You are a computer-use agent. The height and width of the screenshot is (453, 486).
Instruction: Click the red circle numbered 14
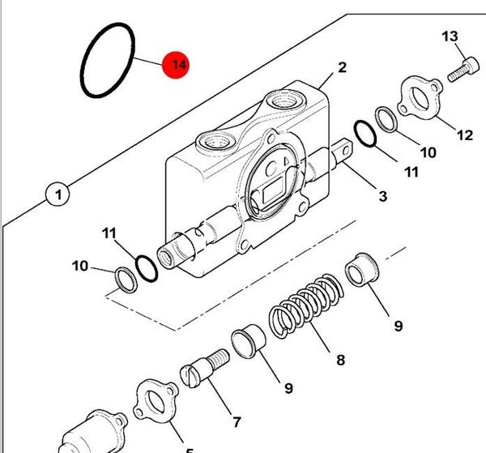click(x=176, y=65)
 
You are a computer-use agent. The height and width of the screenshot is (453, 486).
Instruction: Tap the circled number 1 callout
click(x=58, y=194)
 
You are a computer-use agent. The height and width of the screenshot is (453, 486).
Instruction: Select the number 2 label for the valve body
click(x=342, y=67)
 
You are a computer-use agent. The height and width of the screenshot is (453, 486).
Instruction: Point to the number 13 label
click(x=450, y=36)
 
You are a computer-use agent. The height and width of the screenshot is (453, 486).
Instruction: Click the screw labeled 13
click(x=463, y=70)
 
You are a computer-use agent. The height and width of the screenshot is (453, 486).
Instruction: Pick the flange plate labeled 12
click(x=420, y=98)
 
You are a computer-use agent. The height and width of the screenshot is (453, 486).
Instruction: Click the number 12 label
click(x=465, y=135)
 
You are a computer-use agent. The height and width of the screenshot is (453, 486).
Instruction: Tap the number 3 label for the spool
click(x=383, y=196)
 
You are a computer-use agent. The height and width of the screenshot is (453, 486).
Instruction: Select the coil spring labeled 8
click(x=306, y=306)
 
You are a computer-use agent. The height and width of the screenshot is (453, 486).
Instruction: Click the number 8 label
click(x=340, y=360)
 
